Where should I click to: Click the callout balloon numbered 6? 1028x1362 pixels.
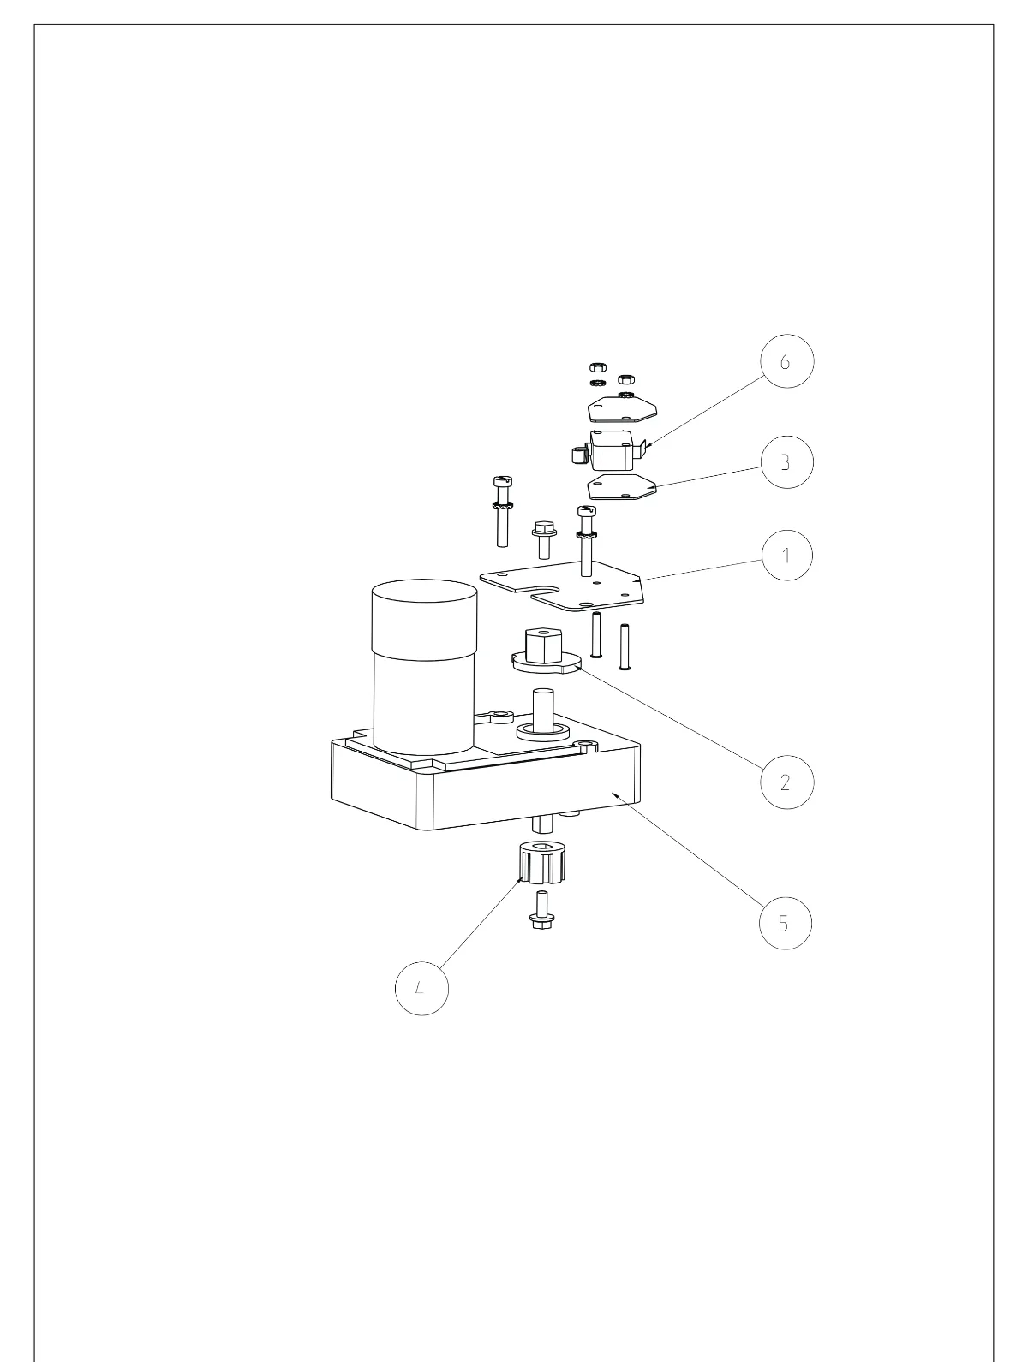[786, 361]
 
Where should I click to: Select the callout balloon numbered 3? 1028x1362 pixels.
[786, 461]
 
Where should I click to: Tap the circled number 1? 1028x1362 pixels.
[786, 555]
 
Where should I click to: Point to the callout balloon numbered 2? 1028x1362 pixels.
[786, 782]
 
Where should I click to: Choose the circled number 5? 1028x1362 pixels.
[786, 923]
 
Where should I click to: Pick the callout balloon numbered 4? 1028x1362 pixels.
[421, 989]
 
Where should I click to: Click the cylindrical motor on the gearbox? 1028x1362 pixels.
[425, 667]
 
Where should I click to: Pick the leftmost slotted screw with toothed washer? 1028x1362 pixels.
[502, 511]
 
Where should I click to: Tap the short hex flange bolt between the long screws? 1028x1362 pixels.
[544, 540]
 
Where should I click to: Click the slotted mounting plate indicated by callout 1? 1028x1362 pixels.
[563, 585]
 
